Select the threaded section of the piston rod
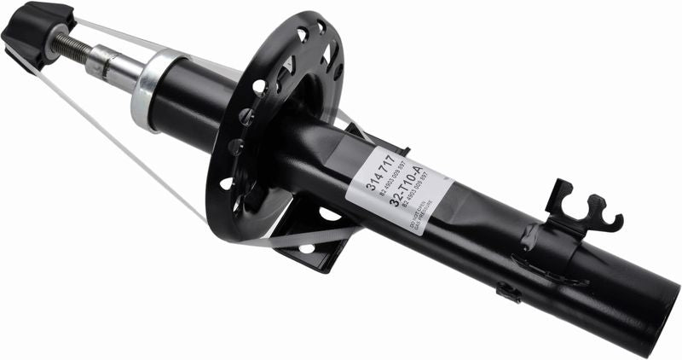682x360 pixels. (71, 46)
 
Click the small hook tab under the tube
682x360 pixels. (510, 293)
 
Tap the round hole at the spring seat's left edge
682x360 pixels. (226, 183)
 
